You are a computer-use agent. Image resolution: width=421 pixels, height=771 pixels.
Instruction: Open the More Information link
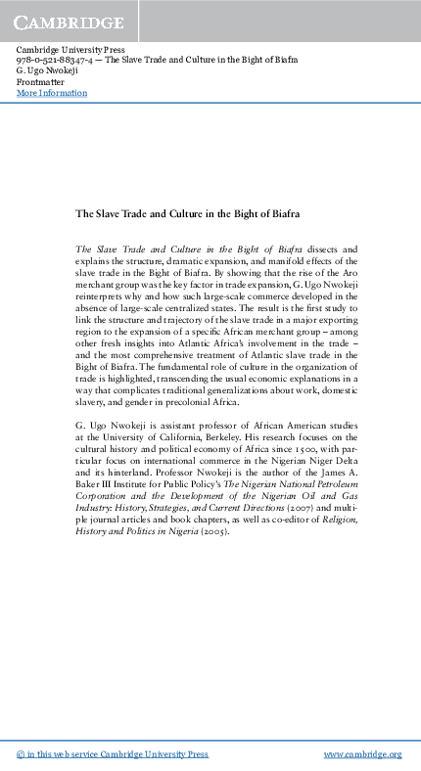pyautogui.click(x=52, y=93)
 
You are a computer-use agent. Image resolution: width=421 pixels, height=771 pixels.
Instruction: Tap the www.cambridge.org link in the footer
pyautogui.click(x=362, y=754)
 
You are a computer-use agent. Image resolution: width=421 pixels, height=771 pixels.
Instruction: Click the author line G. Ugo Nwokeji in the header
pyautogui.click(x=50, y=71)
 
